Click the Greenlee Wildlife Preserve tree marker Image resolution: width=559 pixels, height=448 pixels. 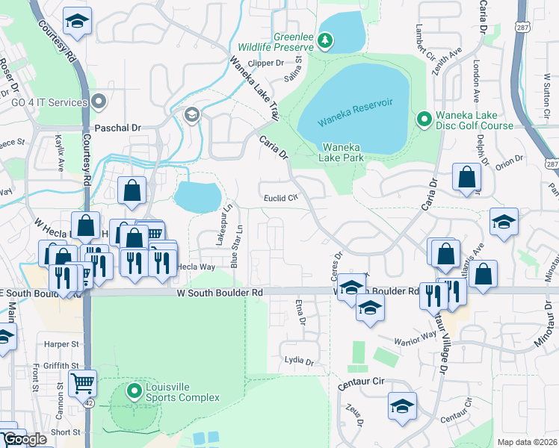pyautogui.click(x=325, y=40)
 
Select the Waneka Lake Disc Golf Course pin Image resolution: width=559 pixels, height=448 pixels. pyautogui.click(x=424, y=119)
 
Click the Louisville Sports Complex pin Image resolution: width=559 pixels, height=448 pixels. pyautogui.click(x=135, y=390)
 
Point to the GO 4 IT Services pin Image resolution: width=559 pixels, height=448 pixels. pyautogui.click(x=99, y=102)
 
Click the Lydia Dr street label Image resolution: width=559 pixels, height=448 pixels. pyautogui.click(x=299, y=361)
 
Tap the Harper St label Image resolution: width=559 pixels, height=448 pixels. pyautogui.click(x=61, y=344)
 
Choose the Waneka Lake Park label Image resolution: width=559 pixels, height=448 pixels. pyautogui.click(x=342, y=152)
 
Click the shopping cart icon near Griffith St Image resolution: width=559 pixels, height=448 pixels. pyautogui.click(x=82, y=382)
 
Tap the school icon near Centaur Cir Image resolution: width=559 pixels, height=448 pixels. pyautogui.click(x=402, y=405)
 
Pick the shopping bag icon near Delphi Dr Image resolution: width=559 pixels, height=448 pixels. pyautogui.click(x=466, y=177)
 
